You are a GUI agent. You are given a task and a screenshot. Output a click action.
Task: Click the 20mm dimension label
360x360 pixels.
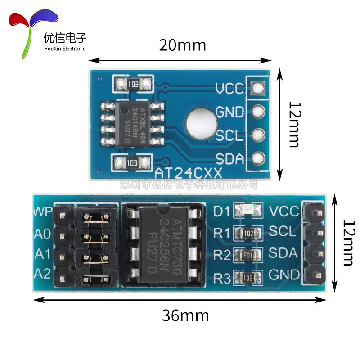pyautogui.click(x=182, y=45)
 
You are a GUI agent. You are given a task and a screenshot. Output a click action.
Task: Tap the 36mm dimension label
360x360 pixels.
pyautogui.click(x=185, y=315)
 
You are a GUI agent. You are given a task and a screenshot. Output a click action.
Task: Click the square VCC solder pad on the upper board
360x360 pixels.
pyautogui.click(x=257, y=88)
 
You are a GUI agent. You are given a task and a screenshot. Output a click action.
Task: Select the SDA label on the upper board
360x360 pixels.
pyautogui.click(x=229, y=159)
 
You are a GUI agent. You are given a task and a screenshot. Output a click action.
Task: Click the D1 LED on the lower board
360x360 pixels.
pyautogui.click(x=248, y=210)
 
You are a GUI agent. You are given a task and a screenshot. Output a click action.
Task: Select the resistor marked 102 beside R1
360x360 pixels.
pyautogui.click(x=248, y=232)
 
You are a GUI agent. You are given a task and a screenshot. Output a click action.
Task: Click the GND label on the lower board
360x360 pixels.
pyautogui.click(x=284, y=274)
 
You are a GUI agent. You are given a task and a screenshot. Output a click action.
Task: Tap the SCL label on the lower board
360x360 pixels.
pyautogui.click(x=282, y=231)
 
